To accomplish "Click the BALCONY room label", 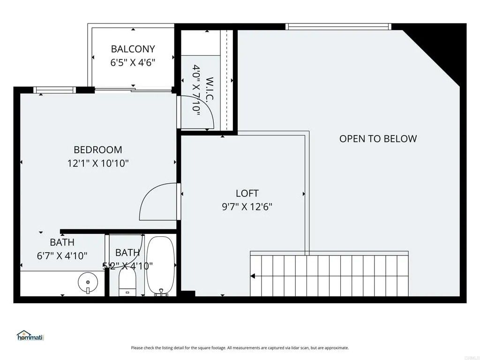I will click(133, 49).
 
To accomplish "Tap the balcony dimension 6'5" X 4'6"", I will click(133, 62).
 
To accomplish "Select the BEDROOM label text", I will click(97, 150).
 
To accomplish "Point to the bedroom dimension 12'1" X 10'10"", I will click(97, 164).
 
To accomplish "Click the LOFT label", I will click(247, 193).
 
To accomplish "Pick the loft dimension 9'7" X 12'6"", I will click(247, 207).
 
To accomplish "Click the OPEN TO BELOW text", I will click(378, 139).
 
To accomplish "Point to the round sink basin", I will click(87, 282).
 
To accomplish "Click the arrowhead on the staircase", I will click(253, 276).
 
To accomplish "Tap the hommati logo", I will click(30, 336).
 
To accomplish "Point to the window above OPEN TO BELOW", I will click(338, 27).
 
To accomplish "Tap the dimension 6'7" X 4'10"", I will click(62, 255).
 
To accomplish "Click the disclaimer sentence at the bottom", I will click(240, 348).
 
